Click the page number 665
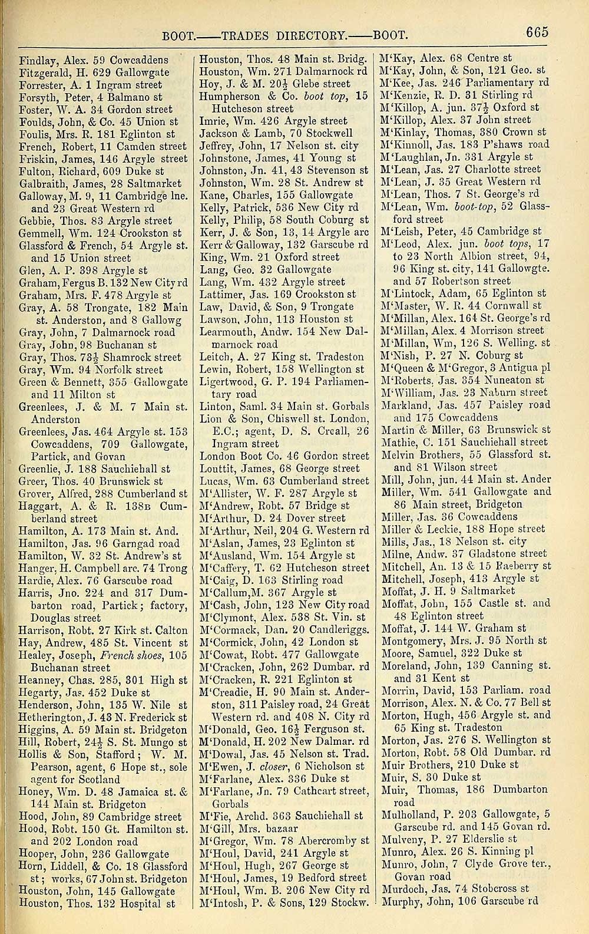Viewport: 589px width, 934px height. tap(537, 32)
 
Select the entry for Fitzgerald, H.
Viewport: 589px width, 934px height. tap(94, 72)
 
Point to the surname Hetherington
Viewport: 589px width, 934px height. tap(56, 717)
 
